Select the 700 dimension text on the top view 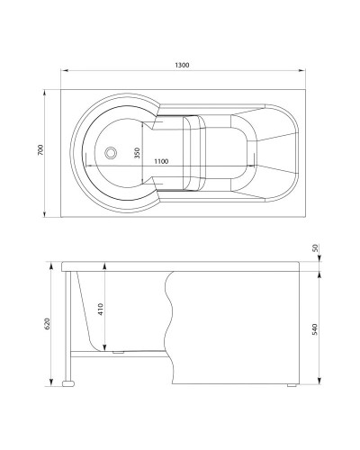tap(40, 151)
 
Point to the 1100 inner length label tap(163, 160)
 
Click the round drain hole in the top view tap(112, 153)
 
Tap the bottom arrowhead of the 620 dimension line tap(47, 384)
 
